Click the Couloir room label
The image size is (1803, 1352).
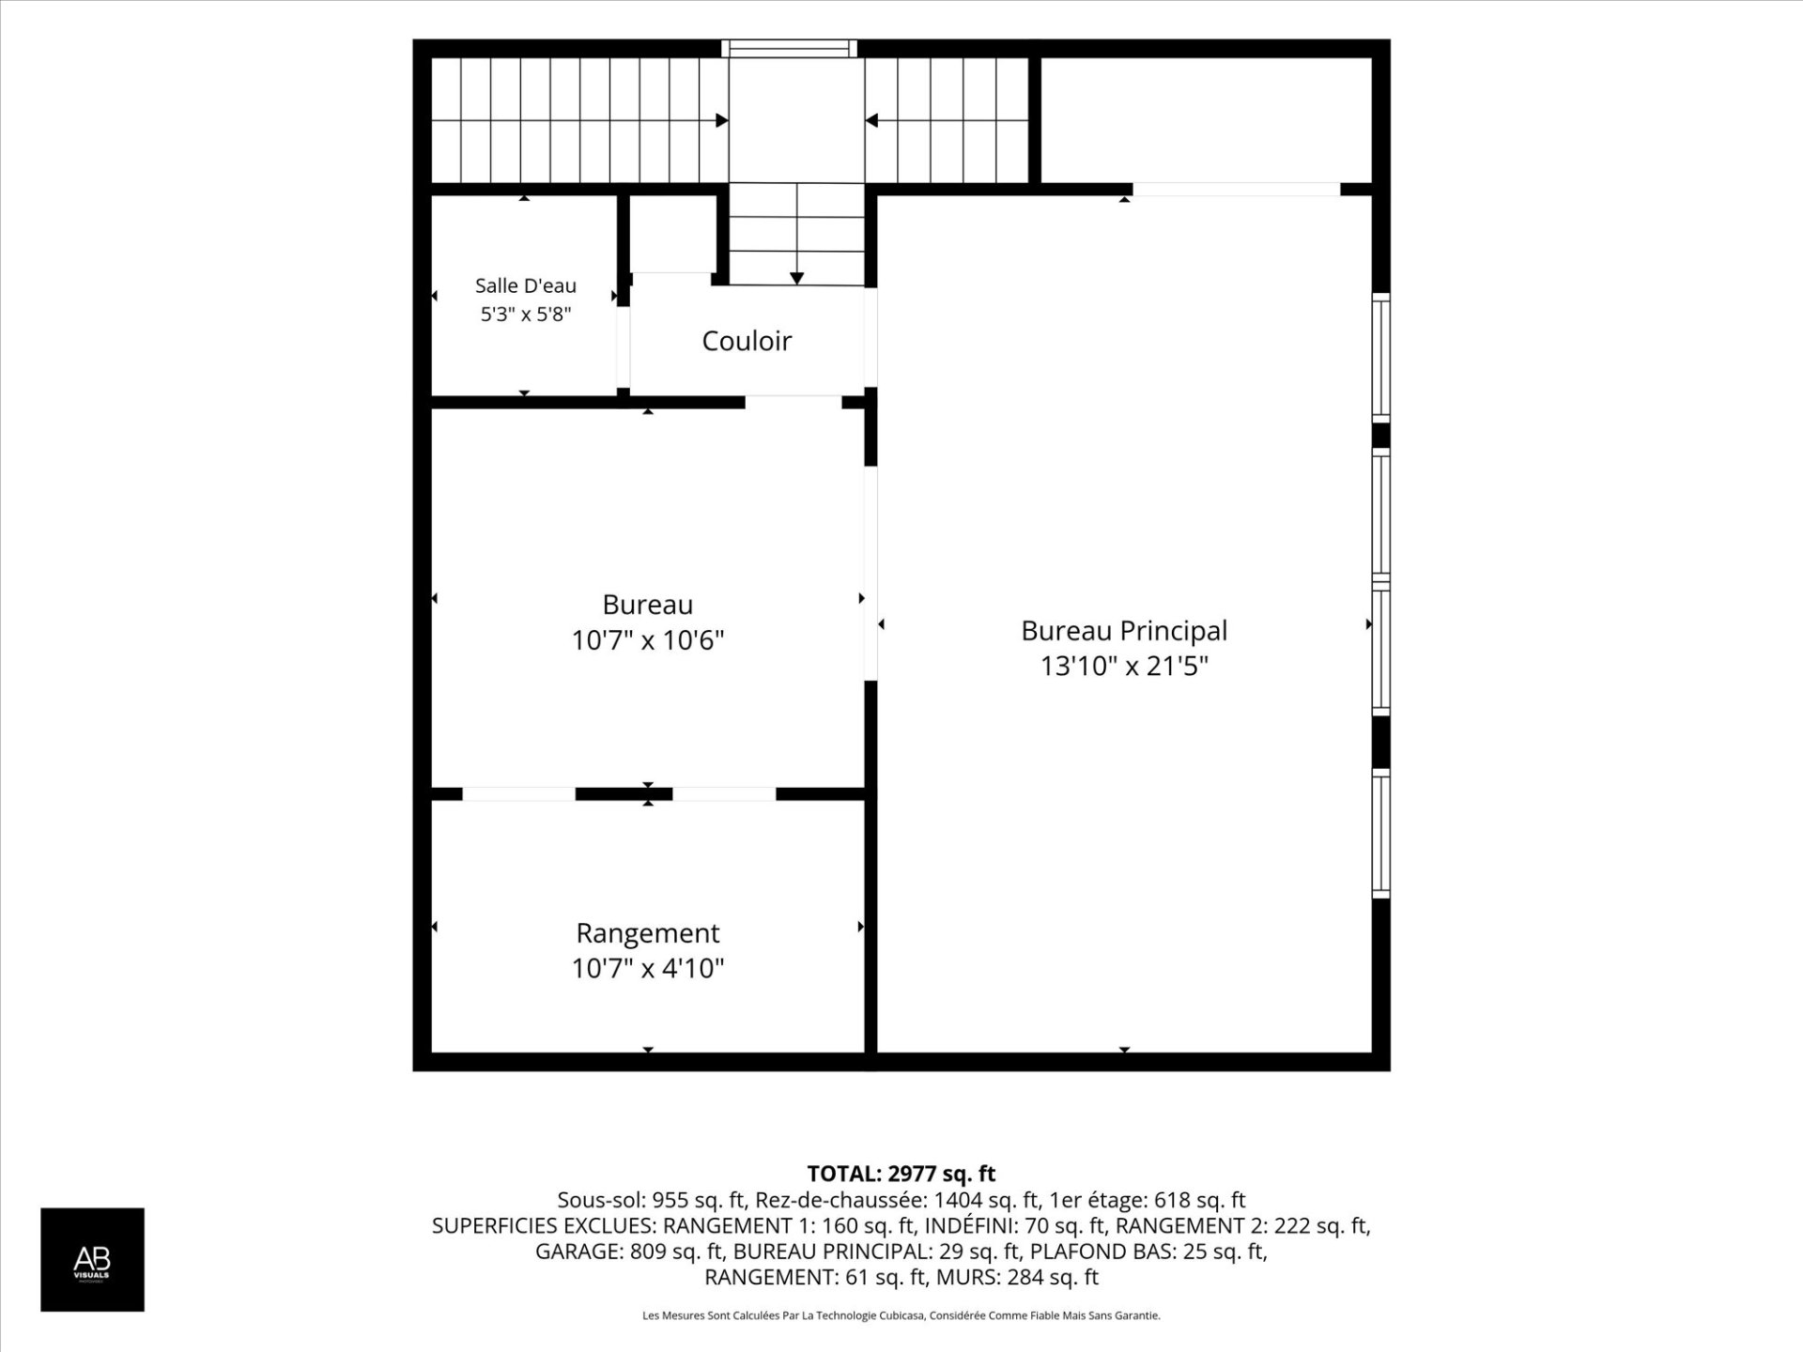tap(747, 340)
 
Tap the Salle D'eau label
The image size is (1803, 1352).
tap(526, 285)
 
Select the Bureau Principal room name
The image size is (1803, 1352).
tap(1124, 631)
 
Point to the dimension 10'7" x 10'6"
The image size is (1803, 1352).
tap(648, 640)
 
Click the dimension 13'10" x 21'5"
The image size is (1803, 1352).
tap(1124, 667)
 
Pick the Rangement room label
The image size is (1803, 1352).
tap(648, 933)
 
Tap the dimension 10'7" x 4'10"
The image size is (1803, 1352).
tap(648, 968)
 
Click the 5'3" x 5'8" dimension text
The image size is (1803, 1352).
tap(526, 314)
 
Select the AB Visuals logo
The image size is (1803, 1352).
tap(92, 1259)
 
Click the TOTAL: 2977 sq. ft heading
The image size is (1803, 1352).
tap(901, 1174)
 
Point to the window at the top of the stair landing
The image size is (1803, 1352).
tap(789, 48)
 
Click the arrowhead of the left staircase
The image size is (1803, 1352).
tap(722, 120)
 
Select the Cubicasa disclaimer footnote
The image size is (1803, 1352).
tap(901, 1315)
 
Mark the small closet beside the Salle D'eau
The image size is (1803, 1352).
tap(672, 234)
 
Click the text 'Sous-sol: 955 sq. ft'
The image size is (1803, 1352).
tap(651, 1200)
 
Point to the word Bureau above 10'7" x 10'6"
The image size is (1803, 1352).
tap(648, 605)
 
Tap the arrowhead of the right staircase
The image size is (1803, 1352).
tap(871, 120)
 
